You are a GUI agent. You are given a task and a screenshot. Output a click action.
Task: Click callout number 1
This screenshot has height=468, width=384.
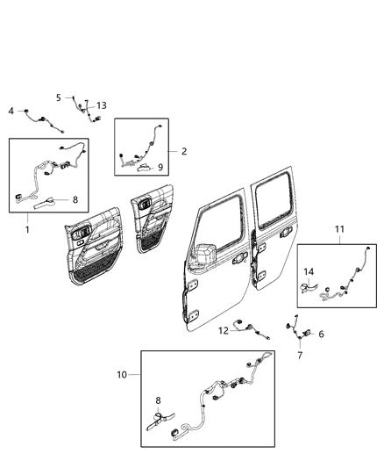[27, 230]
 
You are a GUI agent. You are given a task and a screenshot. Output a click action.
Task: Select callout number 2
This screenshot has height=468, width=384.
[184, 151]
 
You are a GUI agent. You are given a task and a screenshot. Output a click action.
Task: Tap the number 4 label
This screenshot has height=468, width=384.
[11, 111]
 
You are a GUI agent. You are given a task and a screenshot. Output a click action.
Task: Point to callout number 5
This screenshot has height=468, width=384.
[59, 97]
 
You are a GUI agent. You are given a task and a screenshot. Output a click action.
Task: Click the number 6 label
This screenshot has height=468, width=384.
[321, 334]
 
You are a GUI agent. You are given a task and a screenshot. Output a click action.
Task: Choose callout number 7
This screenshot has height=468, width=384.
[300, 355]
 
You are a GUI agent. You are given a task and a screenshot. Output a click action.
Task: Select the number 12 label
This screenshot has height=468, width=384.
[224, 330]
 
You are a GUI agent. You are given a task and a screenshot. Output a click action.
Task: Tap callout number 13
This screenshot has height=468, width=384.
[102, 105]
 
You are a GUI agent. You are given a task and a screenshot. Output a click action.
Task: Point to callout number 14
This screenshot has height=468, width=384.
[308, 272]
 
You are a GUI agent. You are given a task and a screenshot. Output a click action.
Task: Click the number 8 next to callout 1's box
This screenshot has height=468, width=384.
[75, 199]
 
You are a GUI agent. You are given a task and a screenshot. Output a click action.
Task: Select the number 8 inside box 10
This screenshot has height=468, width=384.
[157, 401]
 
